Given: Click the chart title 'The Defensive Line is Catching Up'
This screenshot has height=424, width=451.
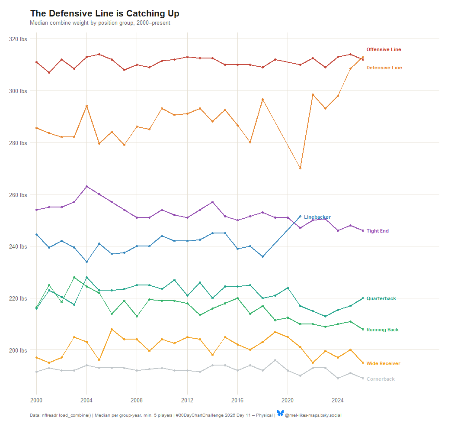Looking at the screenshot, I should [105, 14].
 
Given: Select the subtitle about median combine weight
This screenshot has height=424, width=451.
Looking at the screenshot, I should [100, 23].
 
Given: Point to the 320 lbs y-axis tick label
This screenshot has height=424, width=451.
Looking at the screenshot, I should [18, 39].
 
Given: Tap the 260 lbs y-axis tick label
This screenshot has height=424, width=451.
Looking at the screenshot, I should [18, 195].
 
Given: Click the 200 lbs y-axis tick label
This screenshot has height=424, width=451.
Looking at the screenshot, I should [18, 350].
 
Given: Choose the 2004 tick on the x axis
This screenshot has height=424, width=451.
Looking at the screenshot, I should [86, 400].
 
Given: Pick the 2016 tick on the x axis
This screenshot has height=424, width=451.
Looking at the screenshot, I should [237, 400].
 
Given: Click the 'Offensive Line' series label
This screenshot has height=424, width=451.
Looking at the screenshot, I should [384, 50].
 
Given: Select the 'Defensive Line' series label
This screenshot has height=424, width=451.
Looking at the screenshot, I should [384, 68].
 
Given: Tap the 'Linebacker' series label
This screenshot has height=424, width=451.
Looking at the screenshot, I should [317, 217].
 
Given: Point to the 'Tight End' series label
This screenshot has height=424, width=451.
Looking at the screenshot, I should [377, 231].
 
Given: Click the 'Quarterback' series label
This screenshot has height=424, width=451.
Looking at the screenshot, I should [381, 299].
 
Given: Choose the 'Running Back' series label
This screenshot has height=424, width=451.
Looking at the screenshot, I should [382, 330].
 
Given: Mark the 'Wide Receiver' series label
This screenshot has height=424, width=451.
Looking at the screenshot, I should [383, 364].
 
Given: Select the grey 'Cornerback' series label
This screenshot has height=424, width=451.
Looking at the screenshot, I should [381, 379].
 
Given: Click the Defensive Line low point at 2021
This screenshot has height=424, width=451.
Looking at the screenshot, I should [300, 168].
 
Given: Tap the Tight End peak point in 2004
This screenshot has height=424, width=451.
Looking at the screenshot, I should [86, 187].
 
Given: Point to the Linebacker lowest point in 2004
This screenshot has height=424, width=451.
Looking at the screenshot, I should [86, 262].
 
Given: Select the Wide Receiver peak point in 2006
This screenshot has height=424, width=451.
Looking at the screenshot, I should [112, 329].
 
